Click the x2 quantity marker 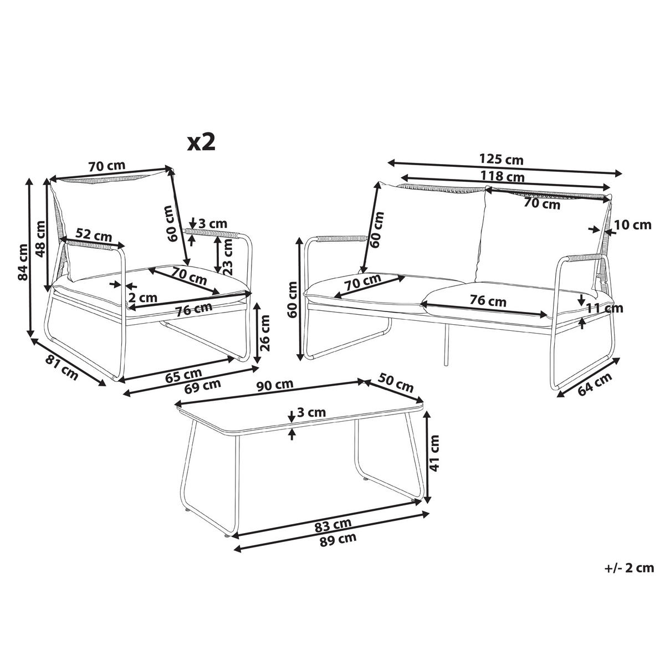point(201,142)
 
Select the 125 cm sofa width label point(502,160)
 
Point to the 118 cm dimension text point(503,176)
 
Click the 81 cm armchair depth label point(62,368)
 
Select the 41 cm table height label point(434,453)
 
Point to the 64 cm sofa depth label point(594,384)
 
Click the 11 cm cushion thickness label point(605,308)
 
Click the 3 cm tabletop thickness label point(311,412)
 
